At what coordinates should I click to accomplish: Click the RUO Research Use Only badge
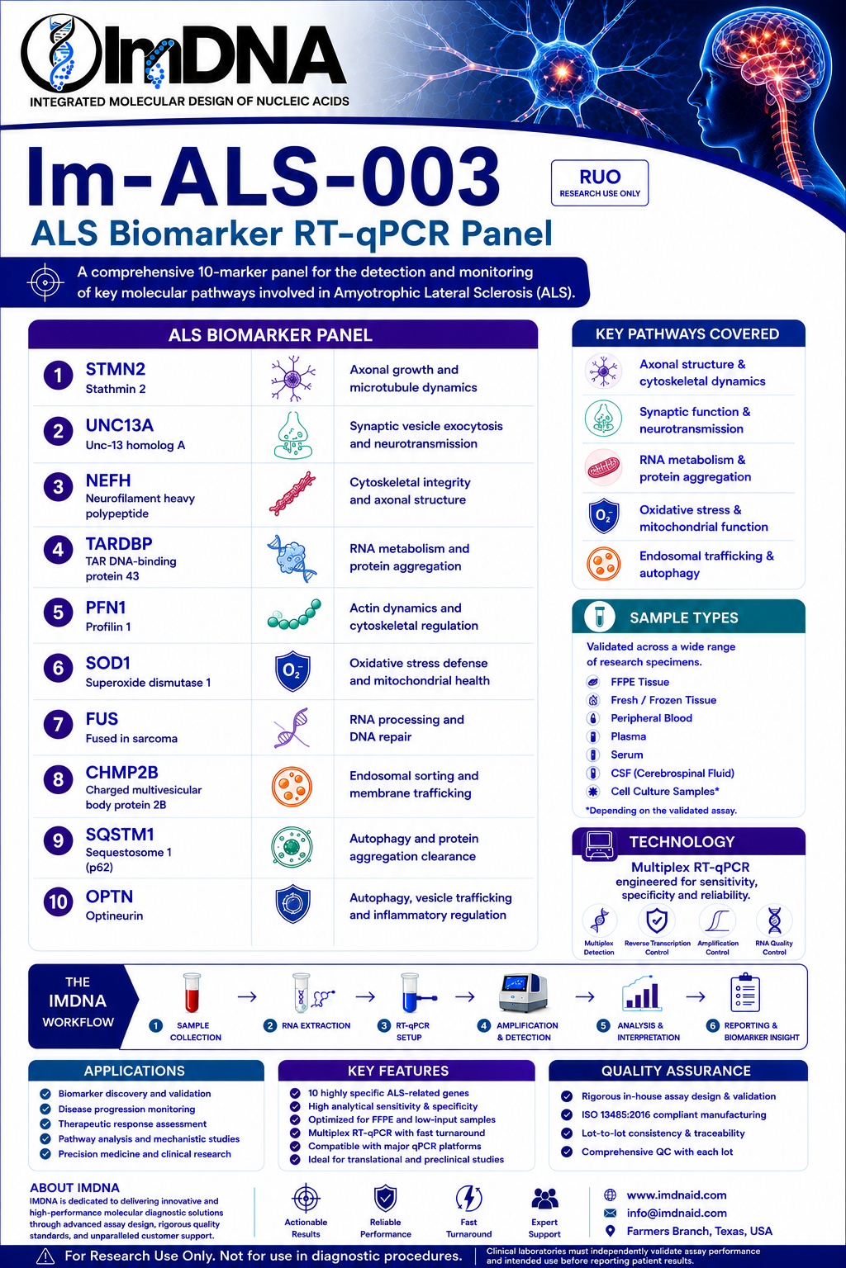600,182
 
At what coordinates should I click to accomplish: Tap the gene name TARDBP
119,544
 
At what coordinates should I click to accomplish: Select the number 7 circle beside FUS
58,724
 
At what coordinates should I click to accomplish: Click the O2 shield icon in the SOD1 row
292,671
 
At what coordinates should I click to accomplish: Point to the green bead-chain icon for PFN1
294,615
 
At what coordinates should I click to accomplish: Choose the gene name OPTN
109,897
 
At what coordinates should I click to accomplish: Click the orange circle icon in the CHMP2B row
292,786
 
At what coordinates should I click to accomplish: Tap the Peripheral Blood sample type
651,718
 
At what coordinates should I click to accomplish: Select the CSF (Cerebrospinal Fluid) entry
672,774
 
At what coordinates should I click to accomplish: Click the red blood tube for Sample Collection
192,992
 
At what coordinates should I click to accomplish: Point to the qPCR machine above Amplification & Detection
523,993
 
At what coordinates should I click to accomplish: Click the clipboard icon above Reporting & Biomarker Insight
745,992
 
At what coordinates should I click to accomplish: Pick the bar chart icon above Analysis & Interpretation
641,993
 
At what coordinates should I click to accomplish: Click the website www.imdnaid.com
677,1195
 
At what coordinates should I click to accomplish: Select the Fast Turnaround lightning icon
468,1199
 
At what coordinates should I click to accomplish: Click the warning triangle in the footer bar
45,1256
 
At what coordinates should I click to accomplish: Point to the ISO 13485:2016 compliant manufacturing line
673,1114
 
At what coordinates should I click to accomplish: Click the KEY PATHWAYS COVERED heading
687,334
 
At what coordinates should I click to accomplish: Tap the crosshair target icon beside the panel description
45,282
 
